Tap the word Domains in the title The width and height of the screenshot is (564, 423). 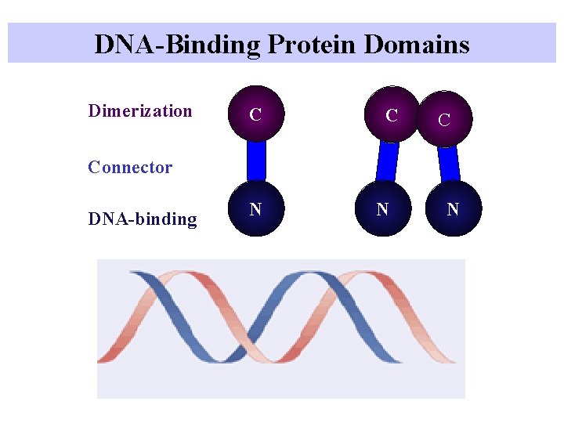coord(417,44)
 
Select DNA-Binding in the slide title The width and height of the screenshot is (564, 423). coord(176,44)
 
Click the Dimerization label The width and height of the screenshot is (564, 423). coord(140,110)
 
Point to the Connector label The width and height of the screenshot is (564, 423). coord(130,167)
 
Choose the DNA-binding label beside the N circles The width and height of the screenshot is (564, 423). coord(143,219)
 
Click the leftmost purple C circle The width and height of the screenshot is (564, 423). coord(255,114)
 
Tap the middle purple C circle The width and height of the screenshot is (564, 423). coord(392,114)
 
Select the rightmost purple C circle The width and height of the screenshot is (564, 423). coord(444,119)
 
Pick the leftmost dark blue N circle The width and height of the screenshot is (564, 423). coord(255,209)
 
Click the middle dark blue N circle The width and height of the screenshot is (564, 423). coord(382,209)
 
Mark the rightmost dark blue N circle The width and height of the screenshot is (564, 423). coord(453,209)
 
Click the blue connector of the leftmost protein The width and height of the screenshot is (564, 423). coord(256,161)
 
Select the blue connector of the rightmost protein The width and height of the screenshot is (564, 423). coord(448,163)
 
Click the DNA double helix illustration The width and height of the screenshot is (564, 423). coord(280,328)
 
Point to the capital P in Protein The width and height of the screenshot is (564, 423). coord(274,44)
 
